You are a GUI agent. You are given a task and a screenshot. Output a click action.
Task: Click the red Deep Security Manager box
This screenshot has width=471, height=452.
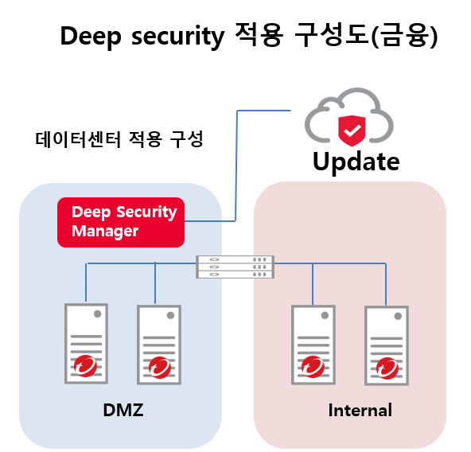coord(121,222)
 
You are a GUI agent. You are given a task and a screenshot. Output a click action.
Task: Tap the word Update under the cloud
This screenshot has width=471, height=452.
coord(356,162)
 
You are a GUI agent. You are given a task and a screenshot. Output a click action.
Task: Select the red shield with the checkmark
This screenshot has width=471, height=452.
coord(352,131)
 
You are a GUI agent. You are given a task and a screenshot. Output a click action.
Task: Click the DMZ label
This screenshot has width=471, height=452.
coord(123,410)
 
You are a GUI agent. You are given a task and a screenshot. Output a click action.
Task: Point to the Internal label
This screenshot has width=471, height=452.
coord(360,411)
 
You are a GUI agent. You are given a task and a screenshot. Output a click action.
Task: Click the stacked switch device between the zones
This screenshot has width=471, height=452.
coord(235,267)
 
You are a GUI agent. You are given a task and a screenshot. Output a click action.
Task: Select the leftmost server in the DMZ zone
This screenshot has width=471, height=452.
coord(86,344)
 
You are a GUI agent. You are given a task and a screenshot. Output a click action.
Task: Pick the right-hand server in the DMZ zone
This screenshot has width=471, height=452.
coord(159,345)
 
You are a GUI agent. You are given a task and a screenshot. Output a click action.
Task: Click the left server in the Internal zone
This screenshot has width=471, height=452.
coord(313,345)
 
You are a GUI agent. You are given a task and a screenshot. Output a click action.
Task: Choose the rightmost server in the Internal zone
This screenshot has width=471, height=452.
coord(387,345)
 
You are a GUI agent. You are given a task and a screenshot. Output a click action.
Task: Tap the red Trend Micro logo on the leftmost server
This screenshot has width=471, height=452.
coord(85,366)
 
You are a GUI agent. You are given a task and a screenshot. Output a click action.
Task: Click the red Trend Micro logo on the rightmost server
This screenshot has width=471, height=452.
coord(387,368)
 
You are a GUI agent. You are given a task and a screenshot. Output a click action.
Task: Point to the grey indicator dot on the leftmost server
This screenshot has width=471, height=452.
coord(97,314)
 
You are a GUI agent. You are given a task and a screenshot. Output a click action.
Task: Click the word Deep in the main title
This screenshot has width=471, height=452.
coord(91,37)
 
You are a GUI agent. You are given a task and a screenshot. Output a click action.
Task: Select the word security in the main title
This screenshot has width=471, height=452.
coord(178,37)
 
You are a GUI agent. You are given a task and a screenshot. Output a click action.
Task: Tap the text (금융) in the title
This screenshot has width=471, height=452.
coord(405,37)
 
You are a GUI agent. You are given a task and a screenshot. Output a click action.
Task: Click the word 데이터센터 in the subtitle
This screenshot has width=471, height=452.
coord(78,139)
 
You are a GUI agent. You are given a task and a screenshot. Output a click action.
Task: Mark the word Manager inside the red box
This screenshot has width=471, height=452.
coord(105,232)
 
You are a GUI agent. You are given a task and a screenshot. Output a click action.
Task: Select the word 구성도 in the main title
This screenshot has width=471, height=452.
coord(332,35)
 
